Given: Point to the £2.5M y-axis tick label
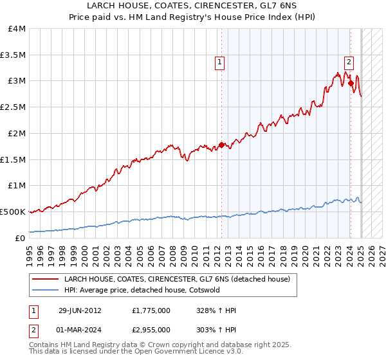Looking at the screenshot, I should (14, 107).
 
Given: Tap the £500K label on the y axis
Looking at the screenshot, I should (13, 212).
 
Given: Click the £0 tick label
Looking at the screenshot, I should (21, 238).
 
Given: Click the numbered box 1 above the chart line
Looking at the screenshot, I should (220, 62).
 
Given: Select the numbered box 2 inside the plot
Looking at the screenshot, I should (349, 62).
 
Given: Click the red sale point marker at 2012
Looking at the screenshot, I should (221, 145).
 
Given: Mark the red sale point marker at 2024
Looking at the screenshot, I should (351, 83).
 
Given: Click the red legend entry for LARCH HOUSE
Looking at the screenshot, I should (177, 279).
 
